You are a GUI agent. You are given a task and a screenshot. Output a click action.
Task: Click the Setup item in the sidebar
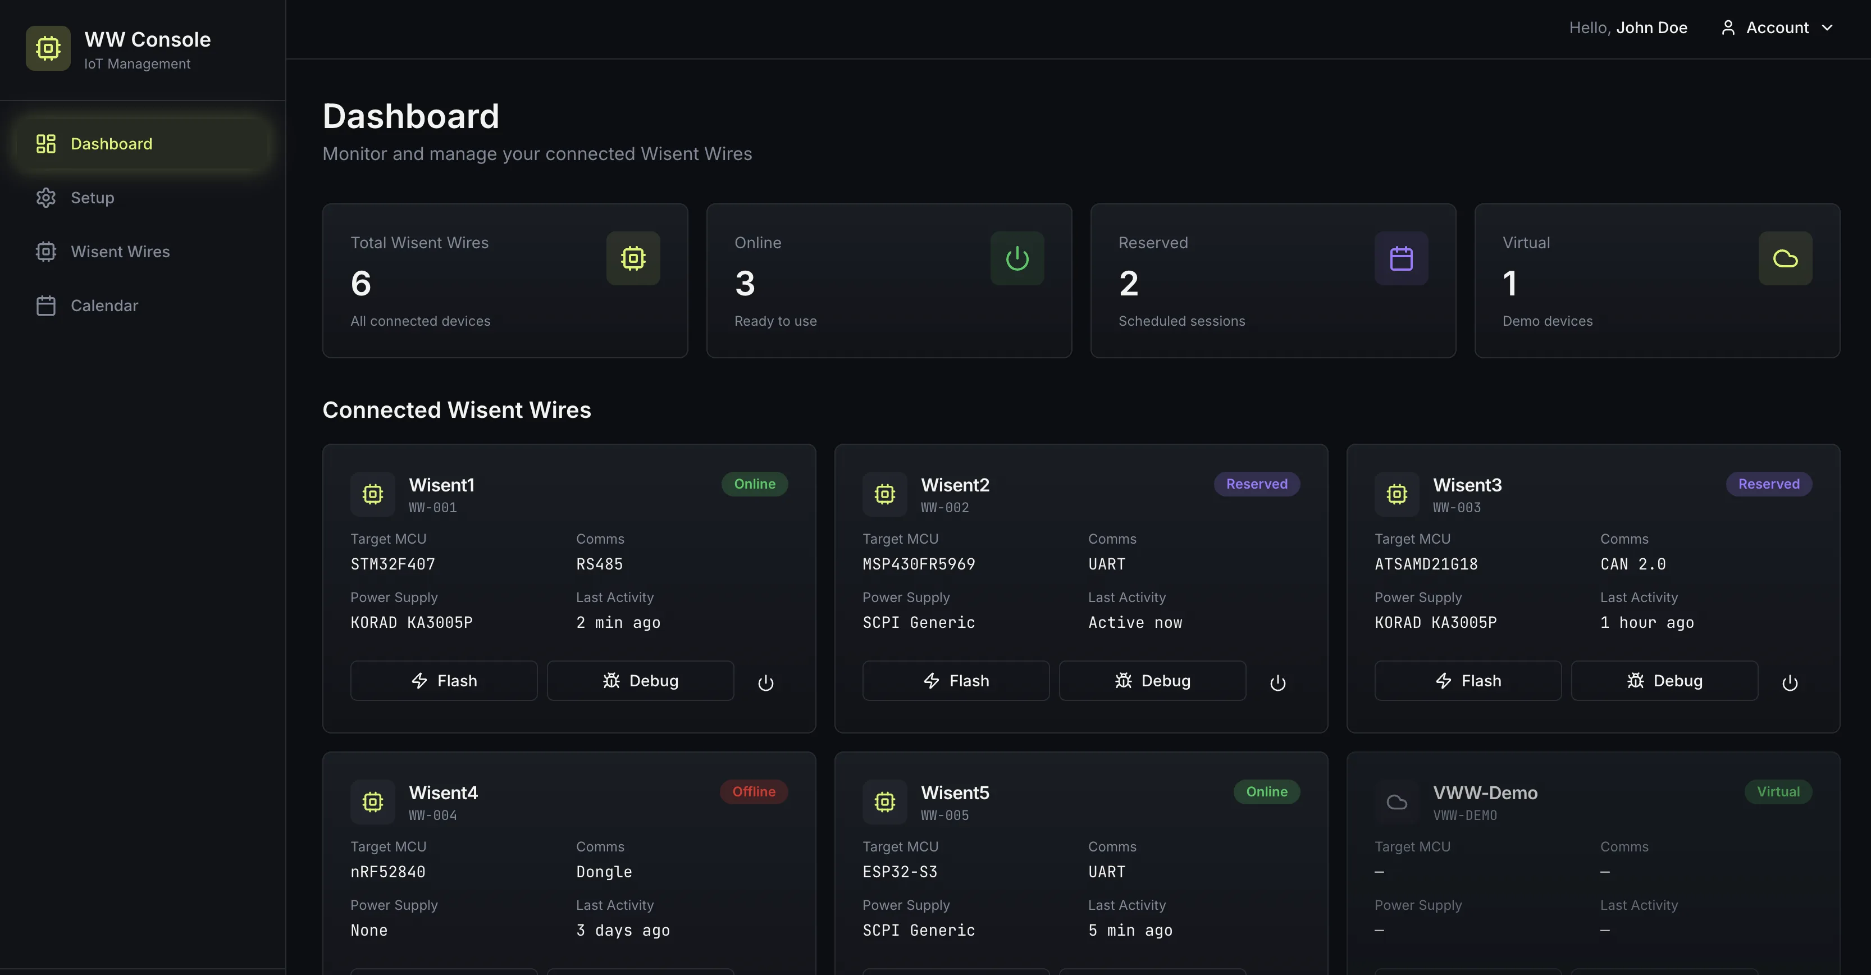(x=92, y=198)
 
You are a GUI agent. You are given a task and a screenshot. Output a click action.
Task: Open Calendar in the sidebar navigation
(x=103, y=306)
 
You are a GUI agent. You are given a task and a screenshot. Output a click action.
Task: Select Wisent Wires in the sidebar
(x=119, y=252)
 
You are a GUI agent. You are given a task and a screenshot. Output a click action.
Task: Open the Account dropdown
(x=1777, y=28)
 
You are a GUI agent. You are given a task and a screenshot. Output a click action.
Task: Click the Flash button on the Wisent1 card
(x=443, y=681)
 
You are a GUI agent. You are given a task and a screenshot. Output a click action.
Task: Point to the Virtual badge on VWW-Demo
(x=1777, y=792)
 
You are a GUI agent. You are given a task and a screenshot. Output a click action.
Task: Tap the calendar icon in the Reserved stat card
(x=1400, y=259)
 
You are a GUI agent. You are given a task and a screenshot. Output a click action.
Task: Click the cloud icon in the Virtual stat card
(x=1785, y=259)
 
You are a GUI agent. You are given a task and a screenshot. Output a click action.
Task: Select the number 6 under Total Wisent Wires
(x=361, y=284)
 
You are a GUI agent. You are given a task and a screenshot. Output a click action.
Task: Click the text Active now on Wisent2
(x=1134, y=623)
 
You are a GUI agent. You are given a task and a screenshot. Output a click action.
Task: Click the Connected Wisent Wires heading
(x=456, y=411)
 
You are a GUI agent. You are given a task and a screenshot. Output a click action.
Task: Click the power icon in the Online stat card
(x=1016, y=259)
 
